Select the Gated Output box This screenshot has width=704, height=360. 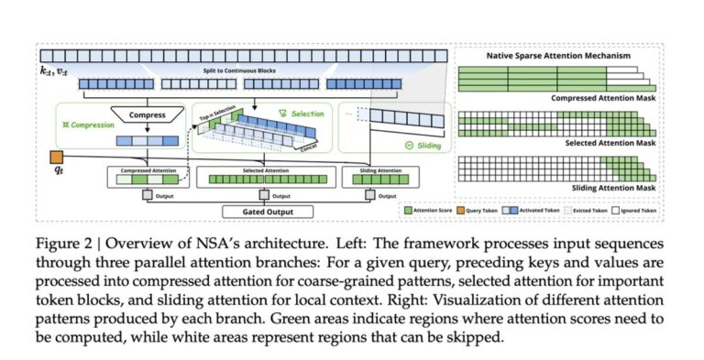pos(267,212)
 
